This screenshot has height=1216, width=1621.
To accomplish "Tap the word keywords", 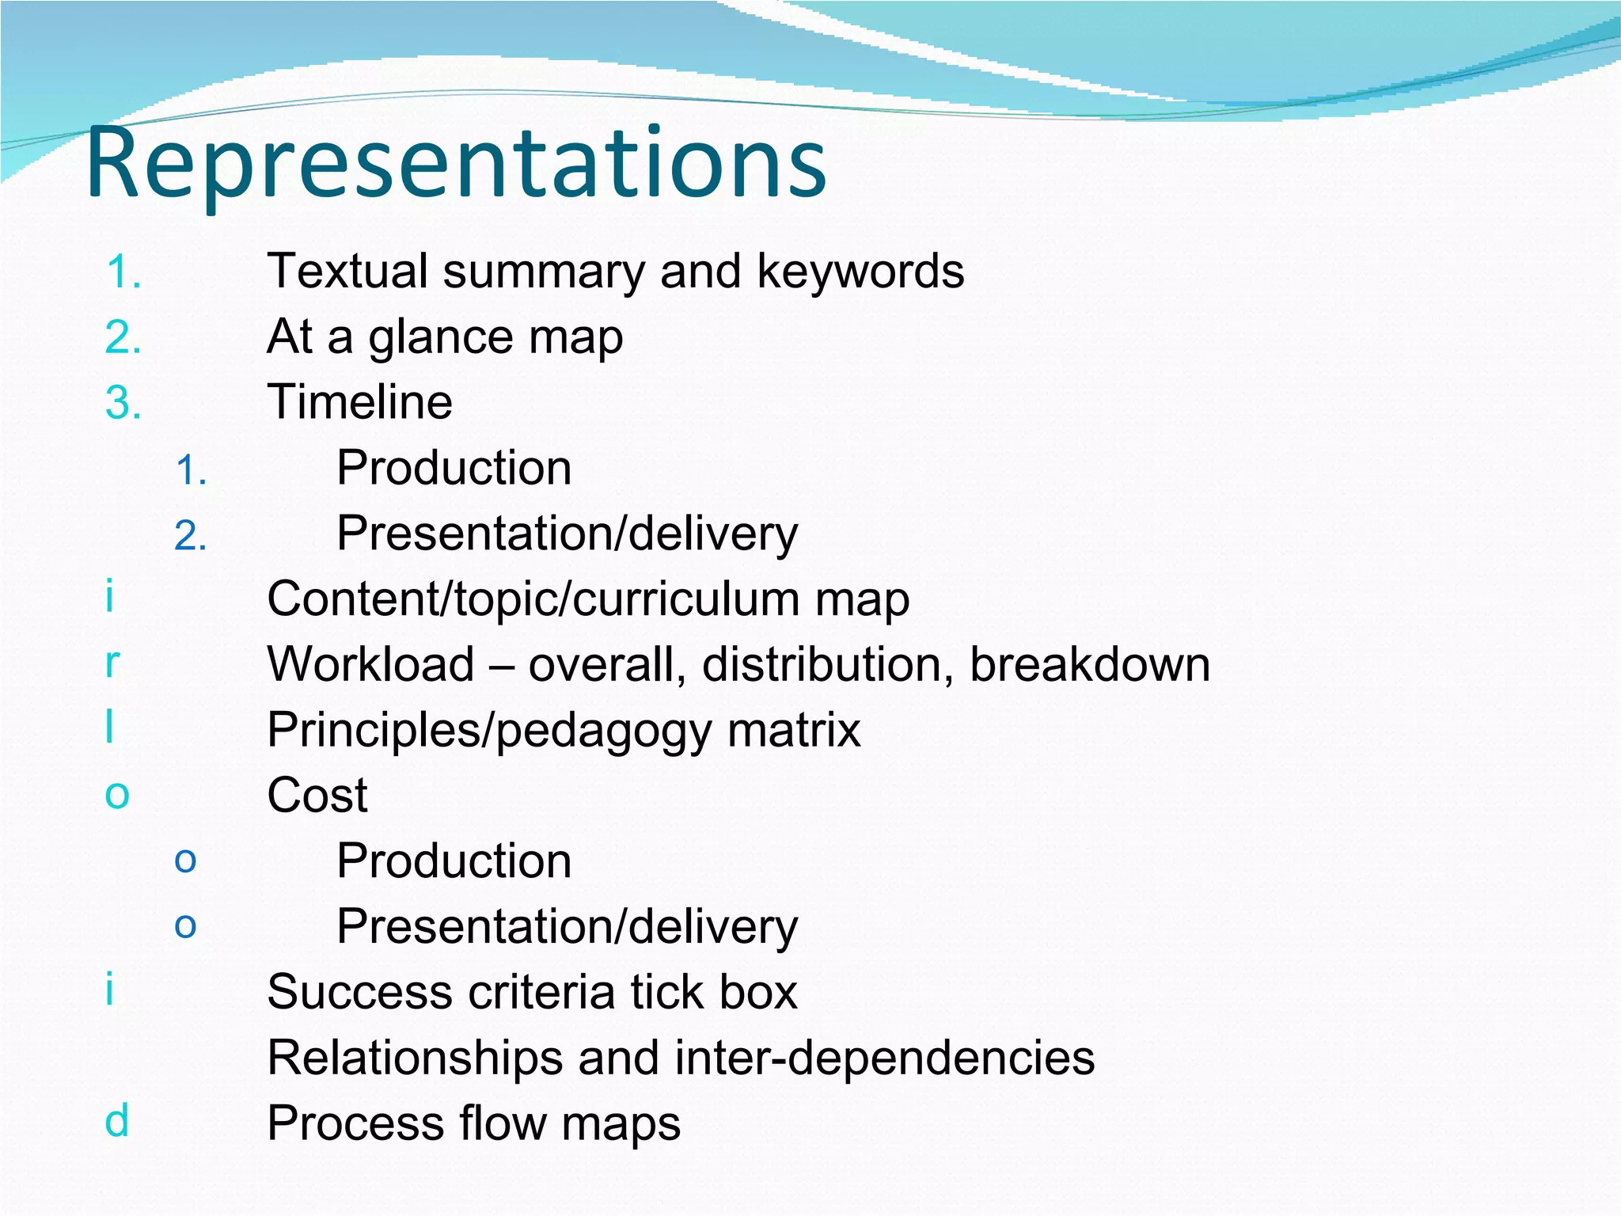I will click(860, 271).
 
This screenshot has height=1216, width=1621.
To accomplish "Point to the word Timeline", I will click(360, 401).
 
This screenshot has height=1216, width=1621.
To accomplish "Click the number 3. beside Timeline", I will click(123, 403).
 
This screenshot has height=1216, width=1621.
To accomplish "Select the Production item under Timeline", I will click(454, 467).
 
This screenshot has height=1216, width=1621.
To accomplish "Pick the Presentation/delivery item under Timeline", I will click(567, 533).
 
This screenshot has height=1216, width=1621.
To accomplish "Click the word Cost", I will click(317, 795).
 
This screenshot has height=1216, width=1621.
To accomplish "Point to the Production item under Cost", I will click(454, 861).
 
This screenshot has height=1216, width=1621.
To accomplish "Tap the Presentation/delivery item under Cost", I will click(567, 926).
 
